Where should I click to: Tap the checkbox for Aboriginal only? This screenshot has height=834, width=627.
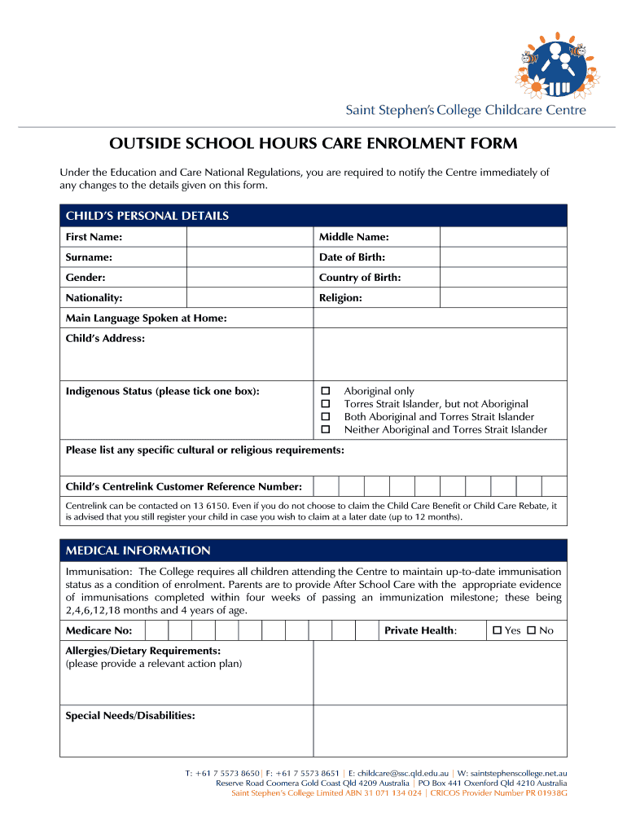326,391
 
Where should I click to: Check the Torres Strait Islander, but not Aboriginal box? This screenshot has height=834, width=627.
326,404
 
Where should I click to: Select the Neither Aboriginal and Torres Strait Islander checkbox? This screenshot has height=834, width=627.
326,429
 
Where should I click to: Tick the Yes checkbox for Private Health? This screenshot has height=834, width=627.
498,630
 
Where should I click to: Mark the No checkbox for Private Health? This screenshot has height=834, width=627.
532,630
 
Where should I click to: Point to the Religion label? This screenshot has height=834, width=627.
340,298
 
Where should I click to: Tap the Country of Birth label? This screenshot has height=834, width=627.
360,278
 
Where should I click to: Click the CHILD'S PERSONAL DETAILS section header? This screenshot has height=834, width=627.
147,216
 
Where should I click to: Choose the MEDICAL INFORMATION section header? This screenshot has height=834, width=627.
138,551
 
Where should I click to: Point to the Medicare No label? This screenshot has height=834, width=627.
99,630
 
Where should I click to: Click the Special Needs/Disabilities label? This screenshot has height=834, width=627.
130,716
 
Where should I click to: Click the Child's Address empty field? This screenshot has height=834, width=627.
440,354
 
